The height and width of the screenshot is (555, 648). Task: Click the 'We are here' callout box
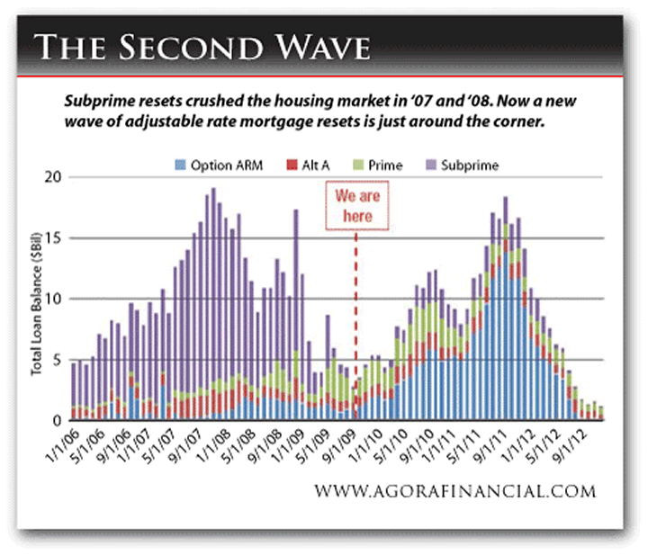click(x=353, y=206)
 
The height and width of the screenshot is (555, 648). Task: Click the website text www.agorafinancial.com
click(x=454, y=492)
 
